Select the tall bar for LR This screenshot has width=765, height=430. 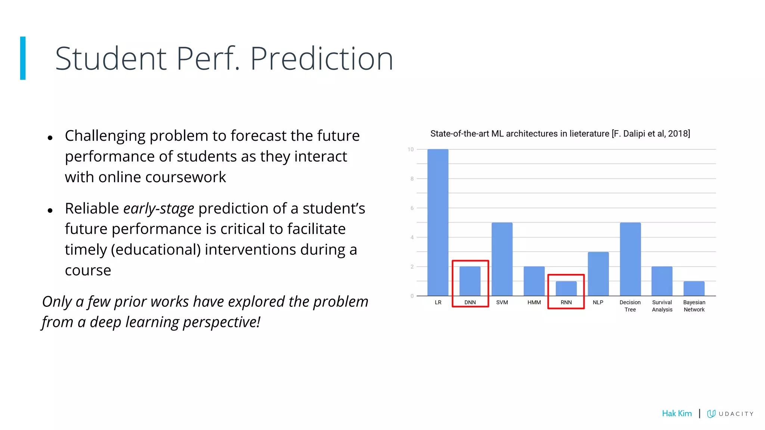[438, 222]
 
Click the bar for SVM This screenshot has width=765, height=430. [502, 259]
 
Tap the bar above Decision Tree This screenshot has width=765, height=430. [630, 259]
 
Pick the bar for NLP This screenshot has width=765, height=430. [598, 274]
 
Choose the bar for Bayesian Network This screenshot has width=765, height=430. [694, 289]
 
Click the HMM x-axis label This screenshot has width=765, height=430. [534, 302]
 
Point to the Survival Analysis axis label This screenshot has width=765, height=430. [662, 306]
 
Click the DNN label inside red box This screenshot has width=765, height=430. [470, 302]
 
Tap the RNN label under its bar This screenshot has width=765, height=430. [566, 302]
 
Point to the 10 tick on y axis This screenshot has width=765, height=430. [411, 149]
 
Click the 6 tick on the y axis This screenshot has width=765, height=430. [412, 208]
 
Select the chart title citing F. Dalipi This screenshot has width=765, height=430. [560, 134]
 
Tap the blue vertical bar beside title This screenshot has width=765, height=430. [23, 58]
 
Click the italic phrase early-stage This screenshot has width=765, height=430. [159, 209]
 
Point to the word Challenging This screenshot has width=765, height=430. [105, 136]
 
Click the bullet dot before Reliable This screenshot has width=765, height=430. [50, 211]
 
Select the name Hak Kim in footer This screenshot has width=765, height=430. [676, 413]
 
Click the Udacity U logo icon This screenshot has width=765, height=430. [711, 413]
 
